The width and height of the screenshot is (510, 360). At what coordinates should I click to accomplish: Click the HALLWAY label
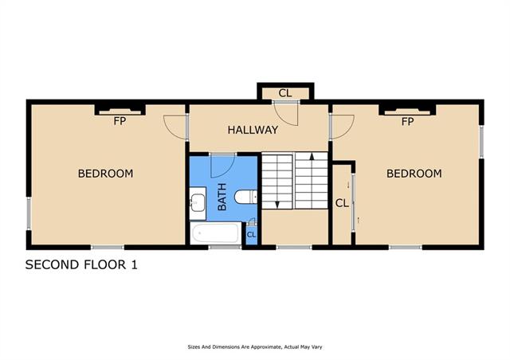pos(253,130)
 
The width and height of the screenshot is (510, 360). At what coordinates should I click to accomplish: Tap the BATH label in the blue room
pos(222,197)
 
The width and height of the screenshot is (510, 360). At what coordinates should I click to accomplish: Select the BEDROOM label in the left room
pos(105,174)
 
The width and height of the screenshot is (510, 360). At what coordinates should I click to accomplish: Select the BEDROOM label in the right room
pos(414,174)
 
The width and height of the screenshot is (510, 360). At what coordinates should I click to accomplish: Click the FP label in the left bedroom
pos(120,121)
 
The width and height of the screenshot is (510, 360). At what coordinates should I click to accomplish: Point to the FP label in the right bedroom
pos(407,122)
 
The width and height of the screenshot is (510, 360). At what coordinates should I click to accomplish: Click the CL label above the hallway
pos(285,93)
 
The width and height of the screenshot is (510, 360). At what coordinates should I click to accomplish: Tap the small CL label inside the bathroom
pos(252,234)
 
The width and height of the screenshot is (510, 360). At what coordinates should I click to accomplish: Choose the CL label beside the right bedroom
pos(342,203)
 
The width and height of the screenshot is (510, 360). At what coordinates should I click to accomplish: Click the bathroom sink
pos(198,203)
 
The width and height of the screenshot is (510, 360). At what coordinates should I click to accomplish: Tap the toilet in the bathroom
pos(245,197)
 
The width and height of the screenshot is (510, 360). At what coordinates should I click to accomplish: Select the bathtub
pos(216,233)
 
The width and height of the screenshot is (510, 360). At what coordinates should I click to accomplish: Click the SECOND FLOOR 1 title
pos(81,264)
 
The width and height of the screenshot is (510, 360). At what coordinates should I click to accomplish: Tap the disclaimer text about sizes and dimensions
pos(255,347)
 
